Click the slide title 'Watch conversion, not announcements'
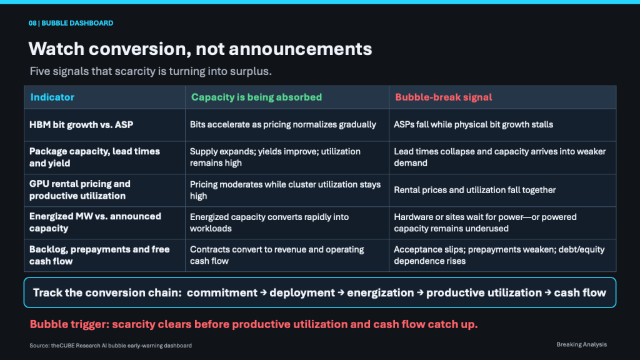(200, 49)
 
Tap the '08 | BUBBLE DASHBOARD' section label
(71, 23)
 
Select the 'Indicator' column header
(52, 97)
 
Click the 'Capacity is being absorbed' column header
(256, 97)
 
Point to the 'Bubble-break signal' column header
(443, 97)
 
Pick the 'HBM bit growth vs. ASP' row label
(81, 125)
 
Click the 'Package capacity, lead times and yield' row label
(94, 157)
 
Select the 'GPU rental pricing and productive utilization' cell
(79, 190)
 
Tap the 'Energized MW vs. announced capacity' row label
(95, 222)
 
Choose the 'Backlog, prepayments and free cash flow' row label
(99, 255)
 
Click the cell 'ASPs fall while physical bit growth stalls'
(474, 124)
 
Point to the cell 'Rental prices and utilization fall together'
(475, 190)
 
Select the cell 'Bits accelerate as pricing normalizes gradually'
(283, 124)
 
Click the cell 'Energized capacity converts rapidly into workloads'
(269, 222)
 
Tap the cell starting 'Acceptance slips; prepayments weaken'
(499, 255)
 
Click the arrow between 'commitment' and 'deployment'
(263, 292)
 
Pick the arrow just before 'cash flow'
(547, 292)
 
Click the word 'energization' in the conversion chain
(381, 292)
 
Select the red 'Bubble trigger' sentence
(254, 324)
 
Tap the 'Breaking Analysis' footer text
(582, 344)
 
